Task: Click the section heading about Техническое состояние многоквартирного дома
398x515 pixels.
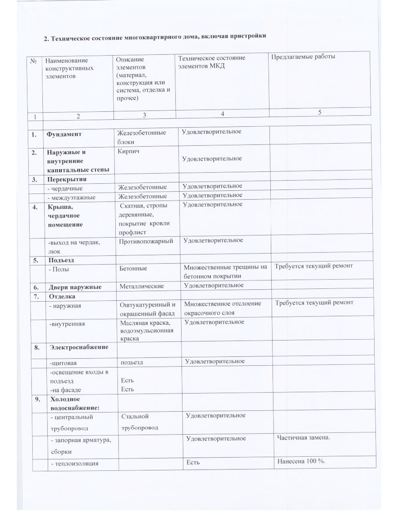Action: click(155, 36)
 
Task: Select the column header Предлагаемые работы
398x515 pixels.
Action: click(303, 57)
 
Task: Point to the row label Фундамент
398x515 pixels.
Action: click(65, 133)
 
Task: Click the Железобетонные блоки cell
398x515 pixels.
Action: click(142, 137)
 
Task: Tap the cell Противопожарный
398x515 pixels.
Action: click(145, 241)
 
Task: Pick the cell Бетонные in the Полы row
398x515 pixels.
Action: click(133, 268)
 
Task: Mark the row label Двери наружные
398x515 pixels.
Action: click(75, 287)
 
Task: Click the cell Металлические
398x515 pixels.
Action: click(141, 287)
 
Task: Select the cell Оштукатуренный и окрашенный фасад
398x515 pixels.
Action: click(148, 308)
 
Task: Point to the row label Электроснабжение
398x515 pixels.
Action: click(77, 347)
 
